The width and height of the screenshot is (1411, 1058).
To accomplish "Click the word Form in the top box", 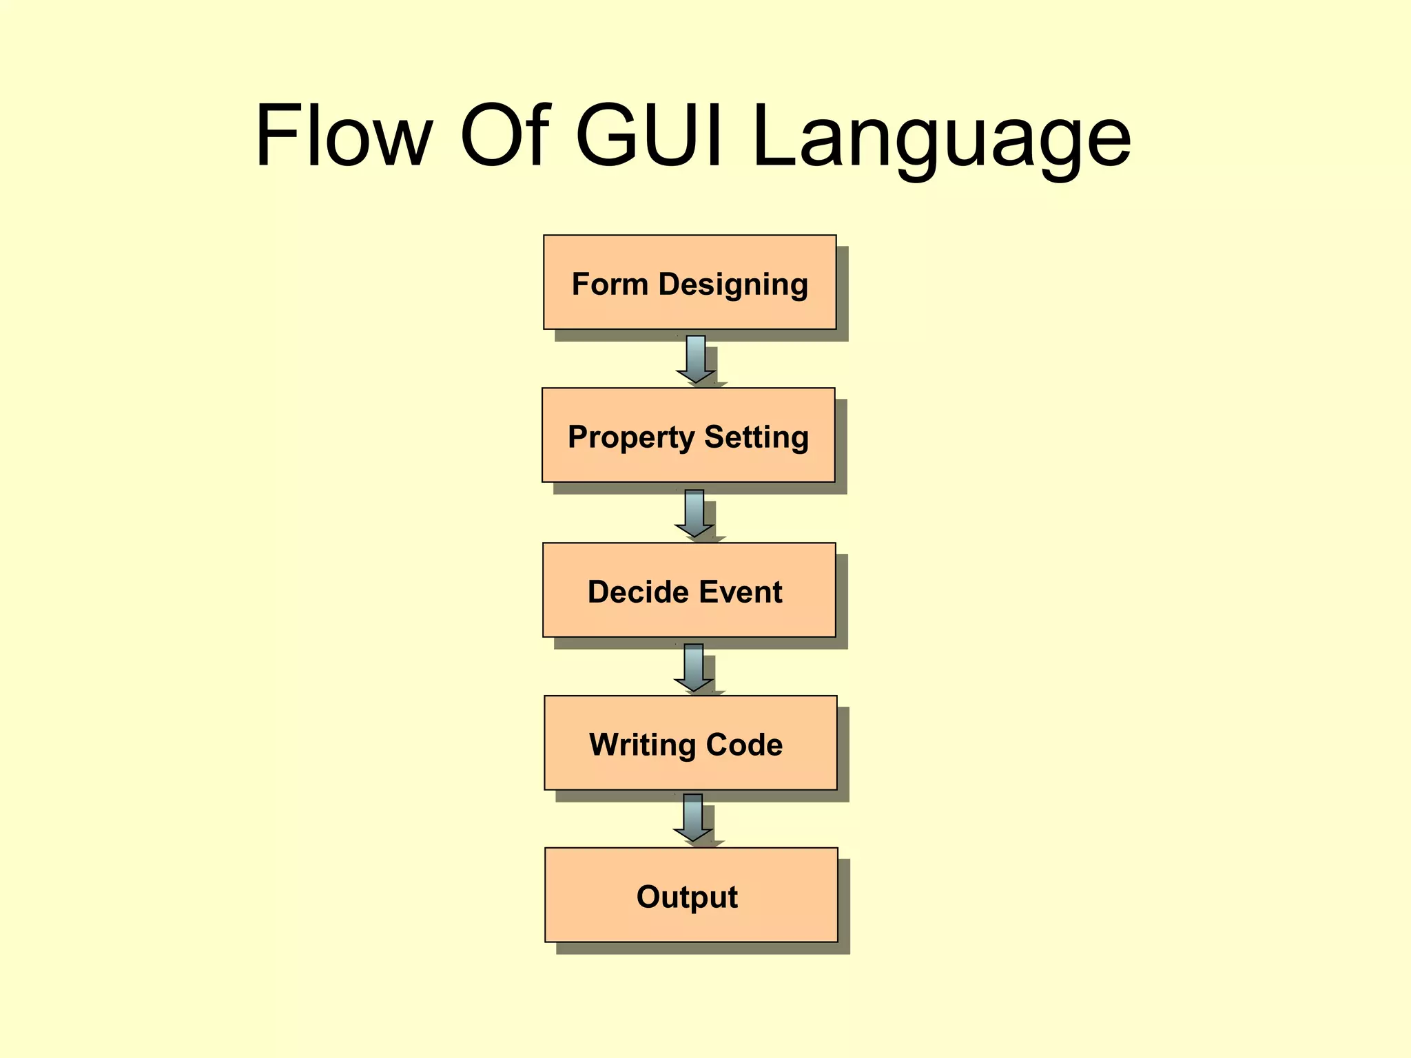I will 610,284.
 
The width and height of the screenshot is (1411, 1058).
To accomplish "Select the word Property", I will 631,438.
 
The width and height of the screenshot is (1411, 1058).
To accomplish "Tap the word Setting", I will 756,438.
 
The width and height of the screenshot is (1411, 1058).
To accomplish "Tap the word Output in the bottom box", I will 687,898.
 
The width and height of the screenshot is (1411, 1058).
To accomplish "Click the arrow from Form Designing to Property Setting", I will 696,359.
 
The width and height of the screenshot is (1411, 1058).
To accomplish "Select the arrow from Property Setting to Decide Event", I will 694,513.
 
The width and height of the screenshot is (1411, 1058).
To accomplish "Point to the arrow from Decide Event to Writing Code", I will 694,667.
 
